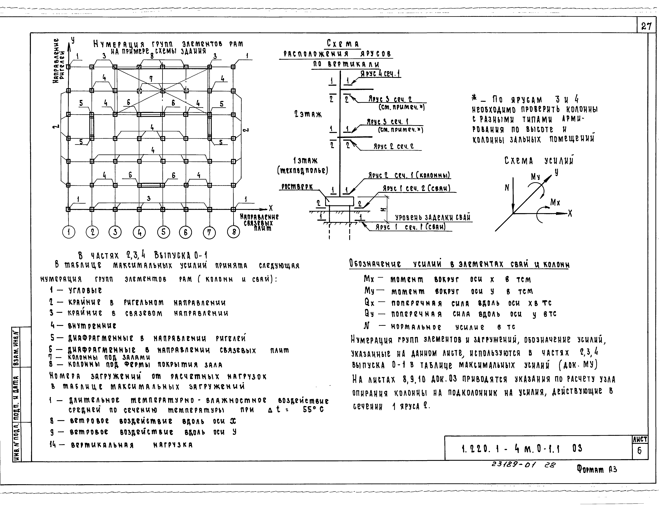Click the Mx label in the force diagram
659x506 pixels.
point(555,202)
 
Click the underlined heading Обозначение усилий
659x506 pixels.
point(459,264)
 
